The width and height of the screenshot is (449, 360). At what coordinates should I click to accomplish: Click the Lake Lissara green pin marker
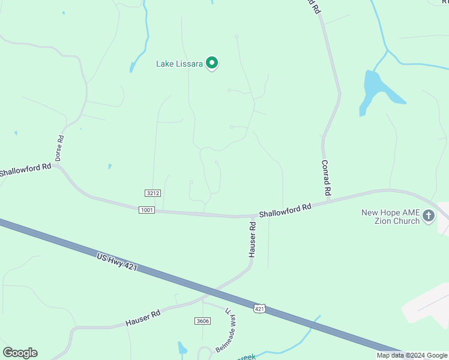pyautogui.click(x=211, y=62)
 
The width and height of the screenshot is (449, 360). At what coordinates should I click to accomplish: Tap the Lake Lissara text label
pyautogui.click(x=180, y=63)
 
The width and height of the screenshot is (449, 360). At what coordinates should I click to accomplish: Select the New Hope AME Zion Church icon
pyautogui.click(x=429, y=215)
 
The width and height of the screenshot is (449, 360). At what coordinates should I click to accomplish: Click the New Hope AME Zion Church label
pyautogui.click(x=390, y=217)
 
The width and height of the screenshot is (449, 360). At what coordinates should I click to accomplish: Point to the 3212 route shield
pyautogui.click(x=152, y=193)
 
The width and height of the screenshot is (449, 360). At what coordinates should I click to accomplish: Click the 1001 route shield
pyautogui.click(x=146, y=210)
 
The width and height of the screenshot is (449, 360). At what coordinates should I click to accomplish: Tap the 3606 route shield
pyautogui.click(x=202, y=321)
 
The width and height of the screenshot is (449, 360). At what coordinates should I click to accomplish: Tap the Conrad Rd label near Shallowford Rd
pyautogui.click(x=327, y=178)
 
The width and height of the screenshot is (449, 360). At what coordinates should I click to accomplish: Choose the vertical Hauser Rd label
pyautogui.click(x=253, y=240)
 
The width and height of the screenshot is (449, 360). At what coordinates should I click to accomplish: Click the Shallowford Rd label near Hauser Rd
pyautogui.click(x=285, y=211)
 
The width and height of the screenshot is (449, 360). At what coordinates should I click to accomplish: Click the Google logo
pyautogui.click(x=20, y=353)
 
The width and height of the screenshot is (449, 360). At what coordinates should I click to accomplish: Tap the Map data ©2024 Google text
pyautogui.click(x=412, y=355)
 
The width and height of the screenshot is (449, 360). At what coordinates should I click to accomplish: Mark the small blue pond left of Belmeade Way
pyautogui.click(x=182, y=348)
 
